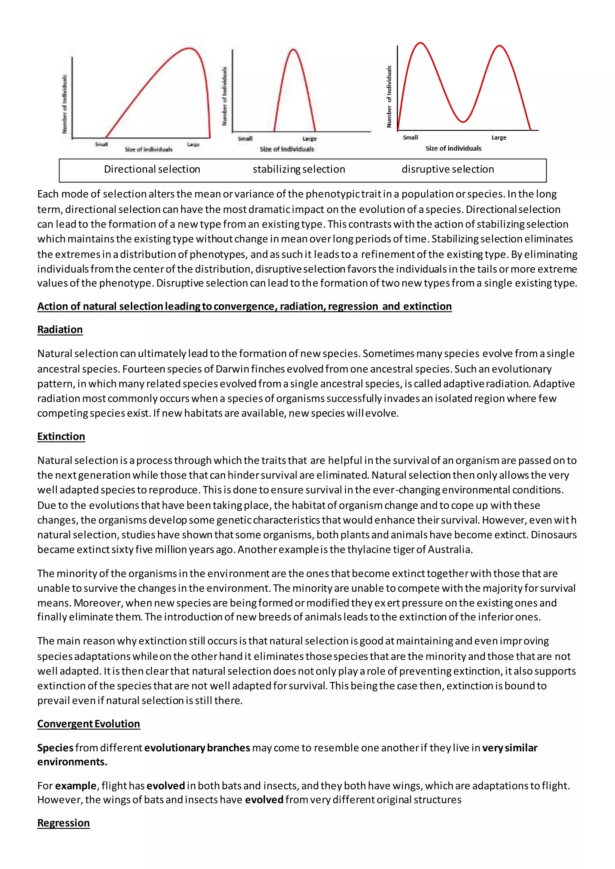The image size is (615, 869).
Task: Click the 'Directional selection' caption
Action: coord(152,169)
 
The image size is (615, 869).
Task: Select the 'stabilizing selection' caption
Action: coord(299,169)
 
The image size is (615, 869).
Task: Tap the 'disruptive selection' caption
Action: coord(448,169)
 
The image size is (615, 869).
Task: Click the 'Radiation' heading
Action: coord(60,330)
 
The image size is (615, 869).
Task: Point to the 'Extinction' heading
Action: coord(61,436)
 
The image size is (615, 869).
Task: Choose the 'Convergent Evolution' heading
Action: coord(89,724)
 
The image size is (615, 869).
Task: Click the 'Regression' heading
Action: coord(63,823)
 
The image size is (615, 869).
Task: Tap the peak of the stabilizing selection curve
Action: coord(293,50)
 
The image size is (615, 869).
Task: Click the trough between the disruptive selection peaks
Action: coord(463,122)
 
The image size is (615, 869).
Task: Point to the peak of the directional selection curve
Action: coord(189,48)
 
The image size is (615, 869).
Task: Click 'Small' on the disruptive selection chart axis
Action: coord(411,137)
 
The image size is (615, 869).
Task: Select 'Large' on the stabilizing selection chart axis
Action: coord(309,139)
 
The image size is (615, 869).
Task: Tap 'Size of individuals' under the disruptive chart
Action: coord(453,148)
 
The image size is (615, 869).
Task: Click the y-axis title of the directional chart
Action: coord(65,104)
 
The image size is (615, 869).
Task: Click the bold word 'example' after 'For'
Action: coord(76,786)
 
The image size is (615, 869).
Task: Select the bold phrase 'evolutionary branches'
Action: coord(197,748)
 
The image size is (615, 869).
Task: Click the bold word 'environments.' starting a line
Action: coord(72,762)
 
